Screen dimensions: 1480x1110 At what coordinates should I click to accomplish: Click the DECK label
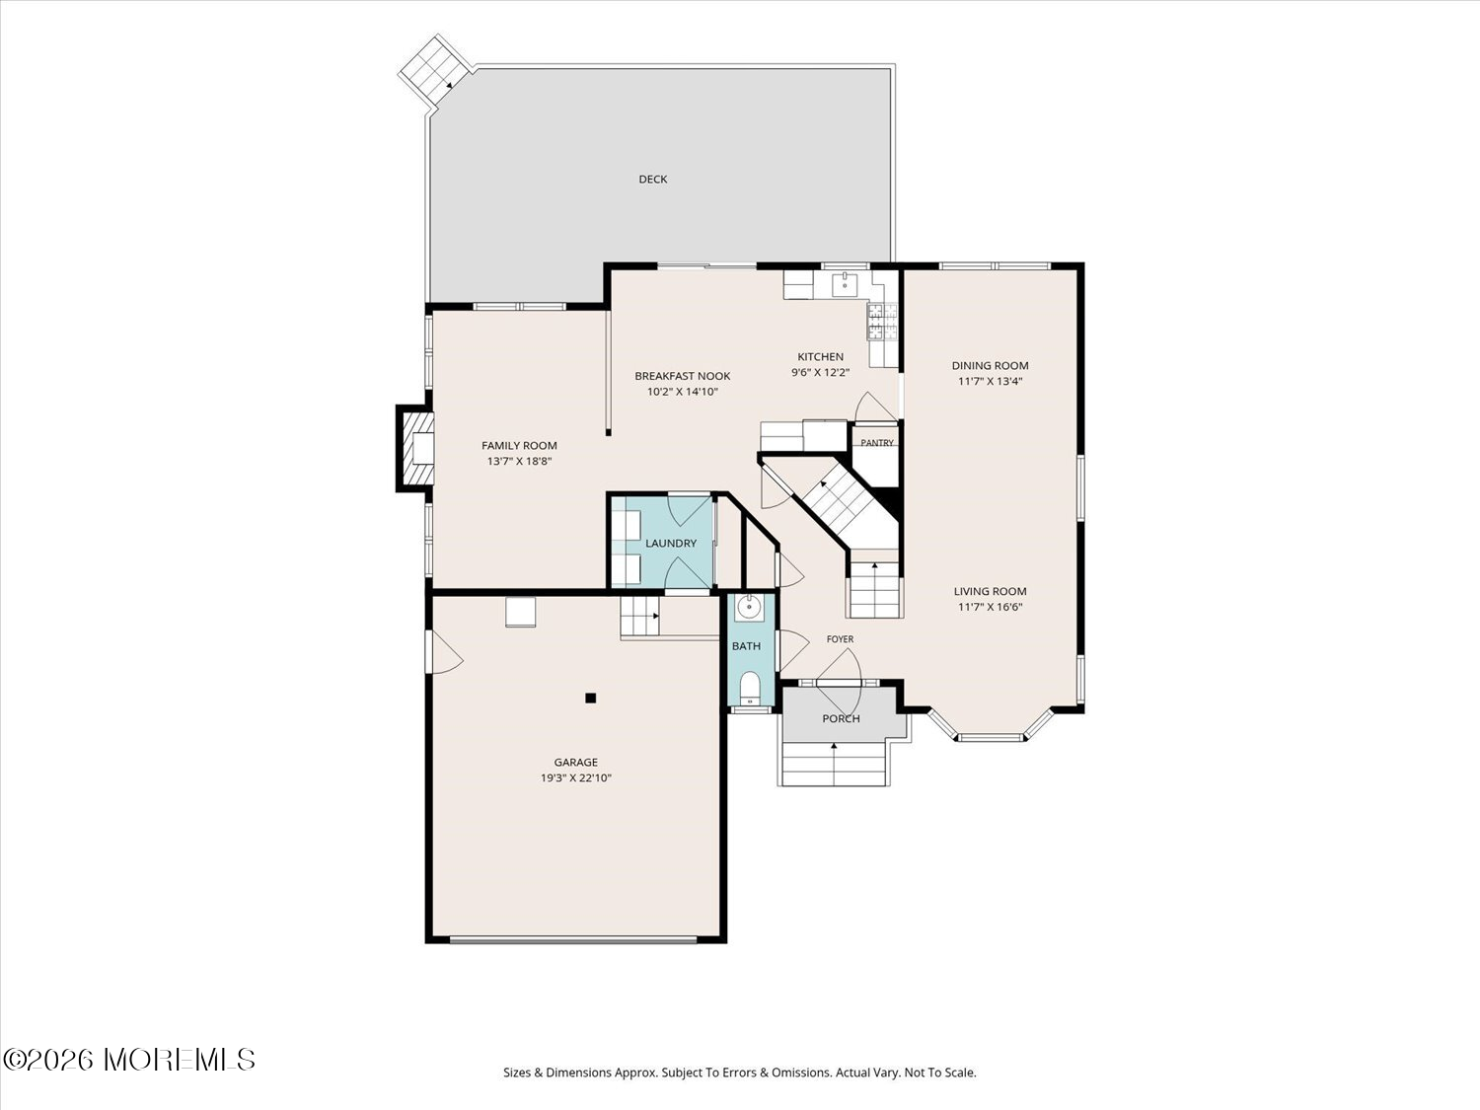tap(653, 180)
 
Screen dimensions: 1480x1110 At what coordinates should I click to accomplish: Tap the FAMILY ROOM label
tap(519, 446)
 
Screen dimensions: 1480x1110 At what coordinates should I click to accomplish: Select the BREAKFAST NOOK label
tap(683, 376)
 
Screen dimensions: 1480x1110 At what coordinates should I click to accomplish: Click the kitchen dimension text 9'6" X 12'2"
tap(820, 372)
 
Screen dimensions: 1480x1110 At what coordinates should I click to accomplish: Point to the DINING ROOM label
tap(990, 366)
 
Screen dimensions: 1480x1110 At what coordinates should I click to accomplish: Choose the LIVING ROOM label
tap(990, 592)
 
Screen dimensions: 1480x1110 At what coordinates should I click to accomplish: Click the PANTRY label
tap(876, 443)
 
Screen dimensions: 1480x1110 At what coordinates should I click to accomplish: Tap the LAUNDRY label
tap(671, 544)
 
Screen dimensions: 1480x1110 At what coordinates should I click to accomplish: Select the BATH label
tap(746, 646)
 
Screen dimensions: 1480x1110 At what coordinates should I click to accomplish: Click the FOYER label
tap(840, 639)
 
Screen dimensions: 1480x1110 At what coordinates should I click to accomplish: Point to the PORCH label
tap(841, 719)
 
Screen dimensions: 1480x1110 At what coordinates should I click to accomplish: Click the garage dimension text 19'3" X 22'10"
tap(576, 777)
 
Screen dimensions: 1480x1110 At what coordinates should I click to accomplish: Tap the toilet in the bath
tap(750, 689)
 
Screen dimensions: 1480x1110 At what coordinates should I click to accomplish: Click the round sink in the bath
tap(749, 608)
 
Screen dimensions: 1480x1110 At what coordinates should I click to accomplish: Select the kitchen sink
tap(845, 285)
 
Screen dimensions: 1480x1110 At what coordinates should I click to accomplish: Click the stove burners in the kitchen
tap(883, 321)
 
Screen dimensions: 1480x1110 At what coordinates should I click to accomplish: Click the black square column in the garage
tap(591, 699)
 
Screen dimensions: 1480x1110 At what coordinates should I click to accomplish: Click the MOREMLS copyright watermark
tap(129, 1060)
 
